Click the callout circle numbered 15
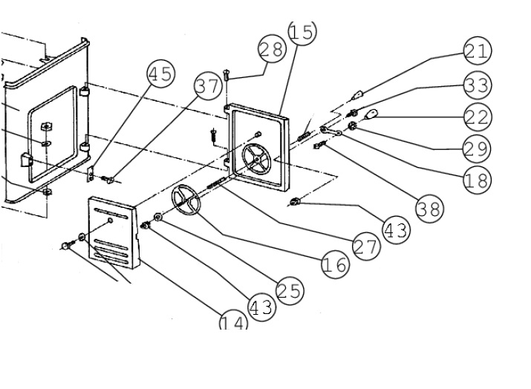[x=302, y=32]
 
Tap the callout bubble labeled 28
[x=272, y=50]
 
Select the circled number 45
[x=160, y=74]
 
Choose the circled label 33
[x=478, y=85]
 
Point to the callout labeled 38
[x=429, y=209]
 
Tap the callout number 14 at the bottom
[x=233, y=322]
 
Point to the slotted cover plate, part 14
[x=114, y=230]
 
